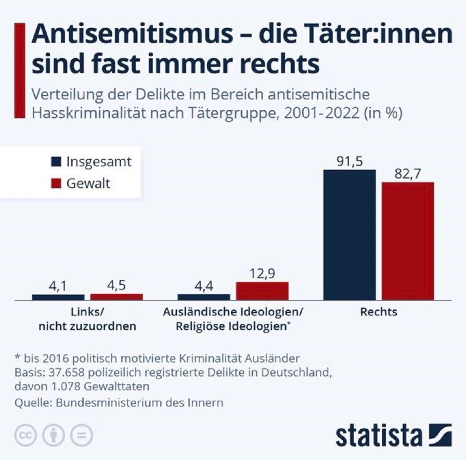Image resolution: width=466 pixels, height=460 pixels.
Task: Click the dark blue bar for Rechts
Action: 349,235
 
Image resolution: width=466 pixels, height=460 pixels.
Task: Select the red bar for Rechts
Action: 407,241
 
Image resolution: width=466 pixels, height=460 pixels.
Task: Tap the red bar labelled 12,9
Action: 262,291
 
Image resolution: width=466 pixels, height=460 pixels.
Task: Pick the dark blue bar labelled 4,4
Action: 203,297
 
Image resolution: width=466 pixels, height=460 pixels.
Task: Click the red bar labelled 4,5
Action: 116,297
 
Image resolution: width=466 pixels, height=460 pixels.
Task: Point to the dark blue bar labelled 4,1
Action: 58,297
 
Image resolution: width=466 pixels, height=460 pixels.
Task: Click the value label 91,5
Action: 349,162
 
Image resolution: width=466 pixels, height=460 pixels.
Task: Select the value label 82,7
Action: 407,174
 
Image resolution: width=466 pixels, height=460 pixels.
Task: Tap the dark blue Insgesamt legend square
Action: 57,161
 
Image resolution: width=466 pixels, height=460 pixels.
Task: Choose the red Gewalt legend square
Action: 57,183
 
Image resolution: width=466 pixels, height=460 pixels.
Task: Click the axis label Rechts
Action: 378,312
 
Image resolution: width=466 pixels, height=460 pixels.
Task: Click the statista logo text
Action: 378,435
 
